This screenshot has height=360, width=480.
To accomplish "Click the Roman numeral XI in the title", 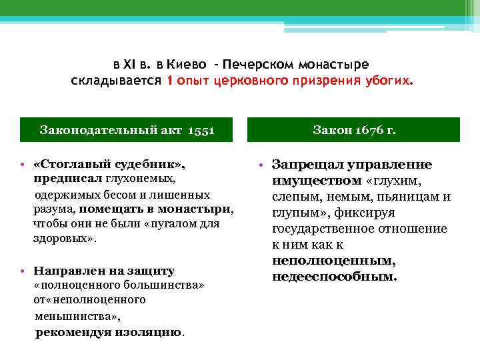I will click(x=129, y=65).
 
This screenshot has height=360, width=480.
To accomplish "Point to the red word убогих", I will click(x=389, y=81).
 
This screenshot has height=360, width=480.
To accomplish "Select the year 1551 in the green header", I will click(x=201, y=129).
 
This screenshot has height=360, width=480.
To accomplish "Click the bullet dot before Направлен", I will click(x=23, y=271).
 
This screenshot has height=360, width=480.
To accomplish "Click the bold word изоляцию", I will click(x=152, y=332).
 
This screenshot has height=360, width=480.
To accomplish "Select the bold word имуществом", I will click(x=317, y=181).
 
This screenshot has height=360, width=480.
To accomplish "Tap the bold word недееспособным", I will click(x=334, y=275).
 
